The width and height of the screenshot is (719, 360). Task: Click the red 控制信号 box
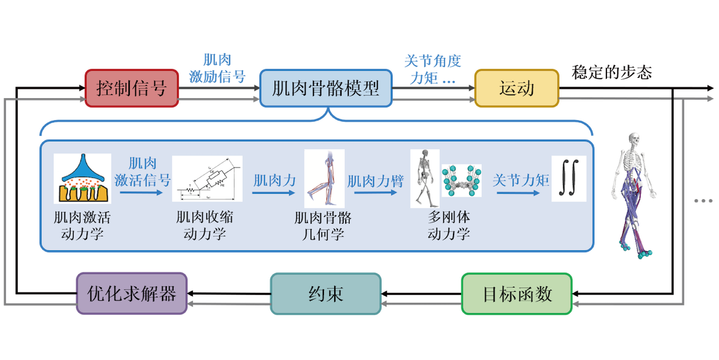click(131, 89)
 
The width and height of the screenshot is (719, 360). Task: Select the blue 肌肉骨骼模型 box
click(326, 89)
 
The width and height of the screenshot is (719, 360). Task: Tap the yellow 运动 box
click(516, 89)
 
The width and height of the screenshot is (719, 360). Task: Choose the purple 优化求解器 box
click(132, 294)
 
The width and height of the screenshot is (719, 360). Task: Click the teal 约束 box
click(326, 294)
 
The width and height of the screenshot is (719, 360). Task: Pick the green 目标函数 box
click(517, 294)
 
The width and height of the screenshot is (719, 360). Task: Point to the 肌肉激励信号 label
click(217, 68)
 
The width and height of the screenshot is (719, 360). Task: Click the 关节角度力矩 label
click(433, 69)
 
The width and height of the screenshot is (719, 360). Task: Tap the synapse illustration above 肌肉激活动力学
click(82, 178)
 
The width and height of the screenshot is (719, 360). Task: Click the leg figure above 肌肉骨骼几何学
click(324, 178)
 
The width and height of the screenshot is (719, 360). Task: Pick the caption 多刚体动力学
click(449, 226)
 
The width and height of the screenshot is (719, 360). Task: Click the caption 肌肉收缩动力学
click(205, 226)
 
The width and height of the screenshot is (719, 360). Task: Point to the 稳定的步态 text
click(612, 74)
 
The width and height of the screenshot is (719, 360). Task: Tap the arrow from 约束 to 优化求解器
click(229, 302)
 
